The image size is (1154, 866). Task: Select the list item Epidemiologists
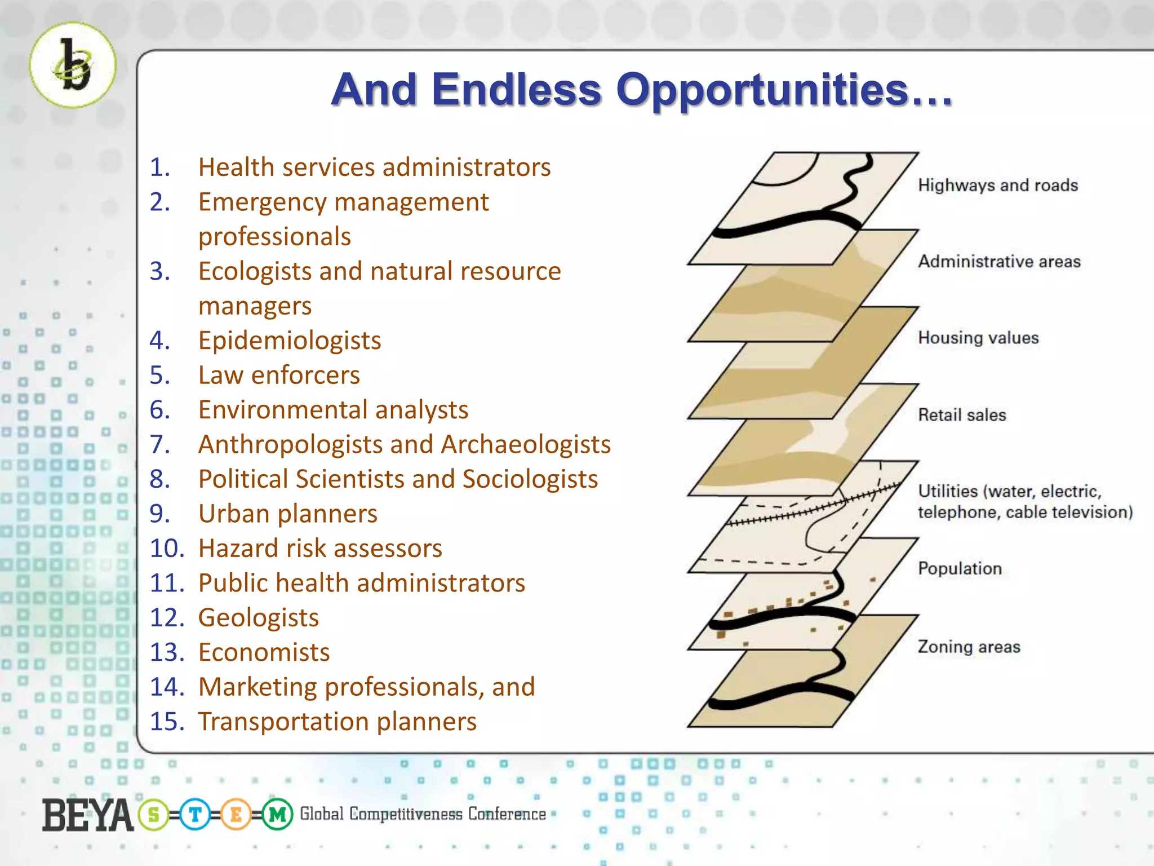[x=290, y=341]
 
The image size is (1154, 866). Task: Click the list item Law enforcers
[x=279, y=375]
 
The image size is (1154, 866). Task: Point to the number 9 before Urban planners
[x=158, y=514]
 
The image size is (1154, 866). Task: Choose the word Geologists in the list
[x=258, y=618]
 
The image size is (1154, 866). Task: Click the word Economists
[x=264, y=652]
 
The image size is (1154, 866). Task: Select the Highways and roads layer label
[x=997, y=185]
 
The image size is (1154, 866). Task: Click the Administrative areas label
[x=999, y=262]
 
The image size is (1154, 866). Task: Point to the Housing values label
[x=978, y=338]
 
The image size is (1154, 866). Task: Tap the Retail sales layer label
[x=962, y=415]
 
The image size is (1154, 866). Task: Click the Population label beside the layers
[x=960, y=568]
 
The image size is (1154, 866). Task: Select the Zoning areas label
[x=969, y=647]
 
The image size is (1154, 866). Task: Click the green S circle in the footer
[x=153, y=815]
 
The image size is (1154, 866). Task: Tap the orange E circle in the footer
[x=236, y=815]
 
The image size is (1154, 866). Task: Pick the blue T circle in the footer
[x=195, y=815]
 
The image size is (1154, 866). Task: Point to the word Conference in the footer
[x=507, y=814]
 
